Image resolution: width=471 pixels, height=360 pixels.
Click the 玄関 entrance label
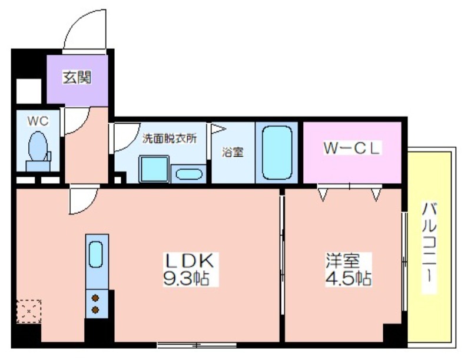pyautogui.click(x=77, y=77)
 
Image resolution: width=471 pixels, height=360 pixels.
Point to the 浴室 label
pyautogui.click(x=232, y=152)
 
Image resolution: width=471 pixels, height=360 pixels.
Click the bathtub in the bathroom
pyautogui.click(x=277, y=152)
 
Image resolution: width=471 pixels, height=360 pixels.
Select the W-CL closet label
pyautogui.click(x=351, y=148)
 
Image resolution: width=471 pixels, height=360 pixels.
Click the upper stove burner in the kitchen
pyautogui.click(x=95, y=298)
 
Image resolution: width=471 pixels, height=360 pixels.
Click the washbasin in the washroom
pyautogui.click(x=188, y=174)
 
